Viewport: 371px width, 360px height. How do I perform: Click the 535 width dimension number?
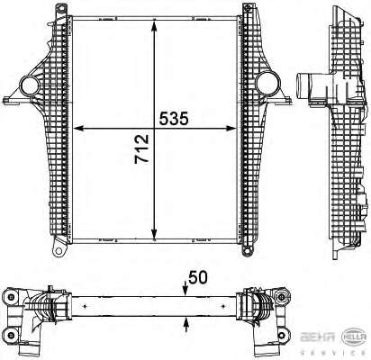[x=174, y=119]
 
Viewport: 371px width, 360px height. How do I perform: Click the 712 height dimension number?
[x=141, y=149]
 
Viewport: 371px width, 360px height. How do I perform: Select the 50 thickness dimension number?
[x=198, y=277]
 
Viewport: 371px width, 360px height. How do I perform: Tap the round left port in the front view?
[x=30, y=86]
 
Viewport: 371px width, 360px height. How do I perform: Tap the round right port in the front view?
[x=267, y=83]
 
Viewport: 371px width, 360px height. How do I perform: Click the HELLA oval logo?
[x=355, y=337]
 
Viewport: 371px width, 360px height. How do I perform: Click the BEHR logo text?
[x=318, y=337]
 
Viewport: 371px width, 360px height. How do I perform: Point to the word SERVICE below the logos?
[x=333, y=353]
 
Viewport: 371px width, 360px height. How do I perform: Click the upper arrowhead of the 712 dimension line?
[x=154, y=26]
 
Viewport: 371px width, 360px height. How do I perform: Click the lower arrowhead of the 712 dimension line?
[x=154, y=233]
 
